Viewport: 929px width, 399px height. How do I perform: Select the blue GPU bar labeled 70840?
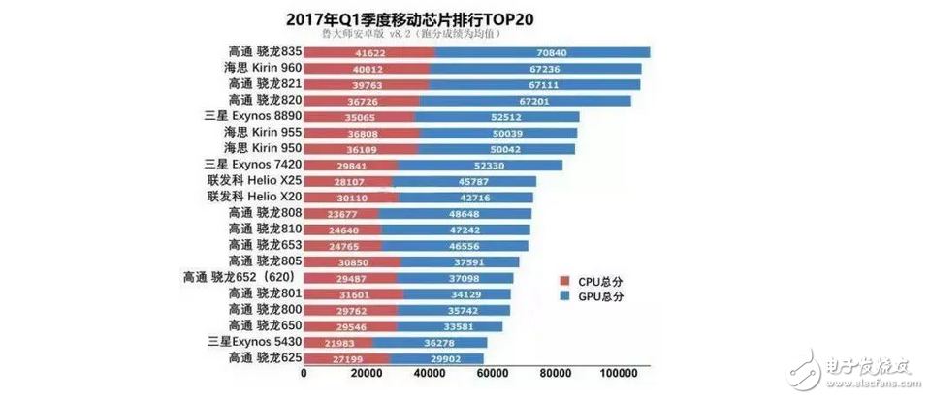(x=541, y=52)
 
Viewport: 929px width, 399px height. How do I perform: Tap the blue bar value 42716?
(x=464, y=197)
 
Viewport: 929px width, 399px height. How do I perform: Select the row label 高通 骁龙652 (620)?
(x=242, y=276)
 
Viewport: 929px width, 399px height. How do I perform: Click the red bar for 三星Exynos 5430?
(x=337, y=343)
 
